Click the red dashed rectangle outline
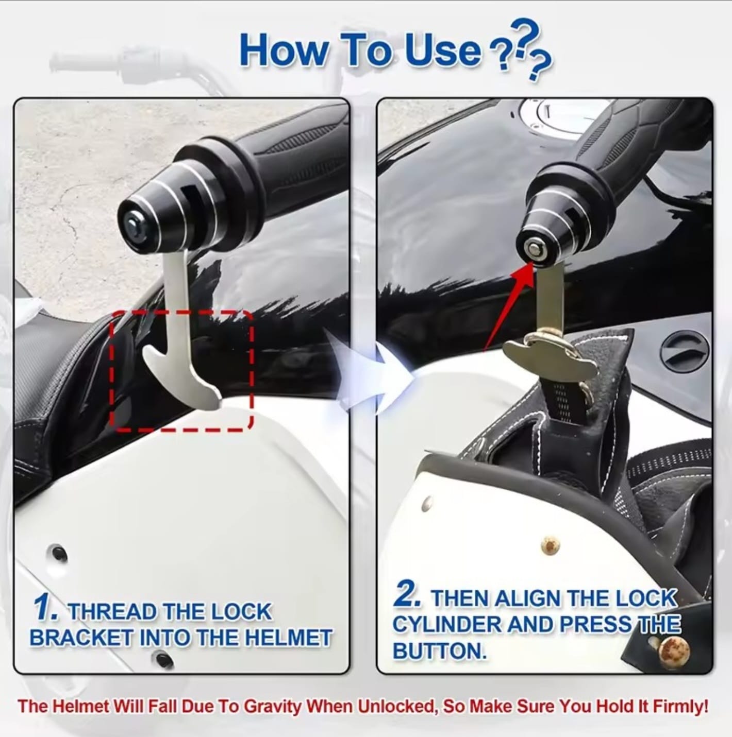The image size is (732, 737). (x=110, y=371)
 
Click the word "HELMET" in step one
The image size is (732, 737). (x=288, y=638)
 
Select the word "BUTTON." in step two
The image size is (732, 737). (x=439, y=650)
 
